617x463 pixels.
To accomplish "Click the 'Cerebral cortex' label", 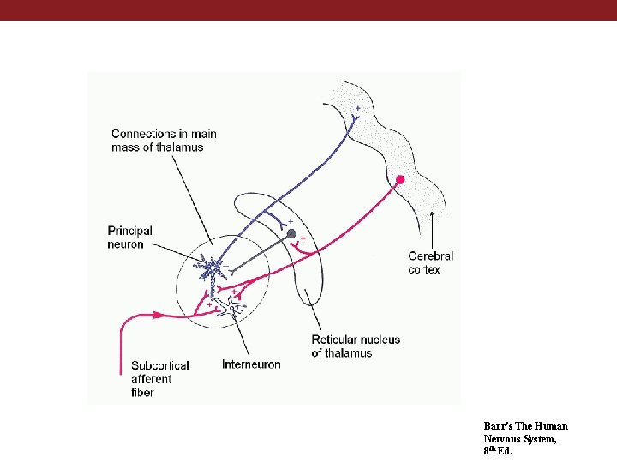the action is [430, 262].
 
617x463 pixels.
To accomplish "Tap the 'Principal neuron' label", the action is [130, 237].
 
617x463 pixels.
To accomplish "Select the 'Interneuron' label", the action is [251, 364].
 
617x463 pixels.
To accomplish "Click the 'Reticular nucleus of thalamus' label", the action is [356, 346].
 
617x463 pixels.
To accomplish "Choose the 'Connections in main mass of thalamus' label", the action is [164, 140].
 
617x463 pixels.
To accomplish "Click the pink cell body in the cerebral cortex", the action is [400, 179].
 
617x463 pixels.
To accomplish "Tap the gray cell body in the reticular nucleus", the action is [291, 234].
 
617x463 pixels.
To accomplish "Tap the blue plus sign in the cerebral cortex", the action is [357, 108].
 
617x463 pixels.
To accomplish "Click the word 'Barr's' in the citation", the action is [497, 426].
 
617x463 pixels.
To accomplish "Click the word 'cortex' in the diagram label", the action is [424, 269].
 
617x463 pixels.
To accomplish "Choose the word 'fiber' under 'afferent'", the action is [143, 392].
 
